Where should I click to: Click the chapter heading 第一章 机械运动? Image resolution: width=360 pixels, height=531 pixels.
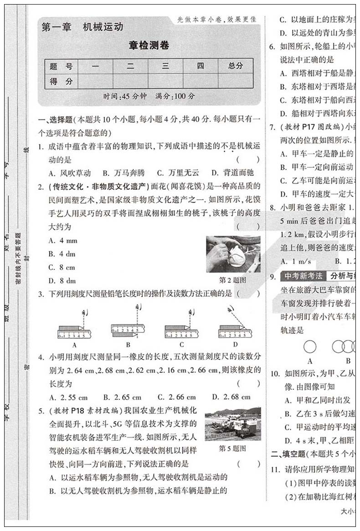tap(82, 27)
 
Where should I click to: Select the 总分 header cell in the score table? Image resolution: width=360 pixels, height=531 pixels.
tap(236, 66)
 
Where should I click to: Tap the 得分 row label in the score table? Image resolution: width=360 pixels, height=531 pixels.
tap(61, 82)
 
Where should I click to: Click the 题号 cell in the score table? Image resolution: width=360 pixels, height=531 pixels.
tap(61, 66)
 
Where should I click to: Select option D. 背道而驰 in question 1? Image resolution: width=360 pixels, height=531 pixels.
tap(232, 173)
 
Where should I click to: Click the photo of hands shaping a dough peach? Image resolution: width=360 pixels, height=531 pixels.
tap(233, 254)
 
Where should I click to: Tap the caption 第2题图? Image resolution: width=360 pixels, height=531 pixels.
tap(232, 280)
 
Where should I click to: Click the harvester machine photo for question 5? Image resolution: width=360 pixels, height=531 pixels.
tap(232, 424)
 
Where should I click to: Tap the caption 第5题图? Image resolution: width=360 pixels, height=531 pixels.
tap(232, 448)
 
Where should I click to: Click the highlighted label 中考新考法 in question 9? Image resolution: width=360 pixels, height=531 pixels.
tap(303, 276)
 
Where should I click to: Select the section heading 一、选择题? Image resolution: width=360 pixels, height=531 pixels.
tap(55, 120)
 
